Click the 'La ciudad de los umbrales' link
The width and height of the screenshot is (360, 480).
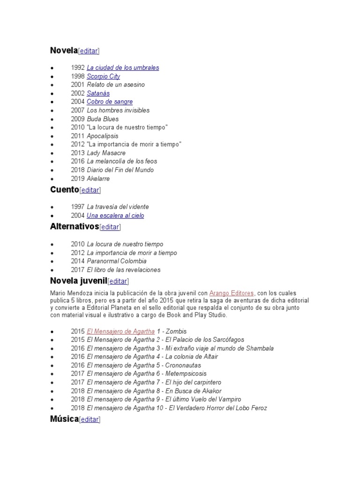[123, 67]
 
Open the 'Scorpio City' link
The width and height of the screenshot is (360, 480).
[104, 76]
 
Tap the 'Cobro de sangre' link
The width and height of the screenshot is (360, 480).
[110, 102]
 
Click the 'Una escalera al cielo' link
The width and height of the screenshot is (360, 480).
[115, 216]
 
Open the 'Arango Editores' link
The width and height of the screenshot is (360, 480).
[232, 292]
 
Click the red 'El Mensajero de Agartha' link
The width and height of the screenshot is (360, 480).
[121, 331]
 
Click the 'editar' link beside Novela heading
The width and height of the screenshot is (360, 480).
[89, 51]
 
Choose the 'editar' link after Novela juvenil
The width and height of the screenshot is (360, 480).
[118, 281]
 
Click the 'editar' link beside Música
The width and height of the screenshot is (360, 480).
[90, 420]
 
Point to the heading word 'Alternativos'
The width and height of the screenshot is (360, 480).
[75, 227]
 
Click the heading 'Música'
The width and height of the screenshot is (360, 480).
[64, 419]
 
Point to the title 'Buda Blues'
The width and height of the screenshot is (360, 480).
[103, 119]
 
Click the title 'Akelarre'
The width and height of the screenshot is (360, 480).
[98, 179]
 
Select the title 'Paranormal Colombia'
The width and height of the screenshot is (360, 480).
[117, 261]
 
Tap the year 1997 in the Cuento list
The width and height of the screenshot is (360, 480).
[78, 207]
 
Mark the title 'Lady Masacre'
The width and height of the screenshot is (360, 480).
[106, 153]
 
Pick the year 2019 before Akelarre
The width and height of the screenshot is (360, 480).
[78, 179]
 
